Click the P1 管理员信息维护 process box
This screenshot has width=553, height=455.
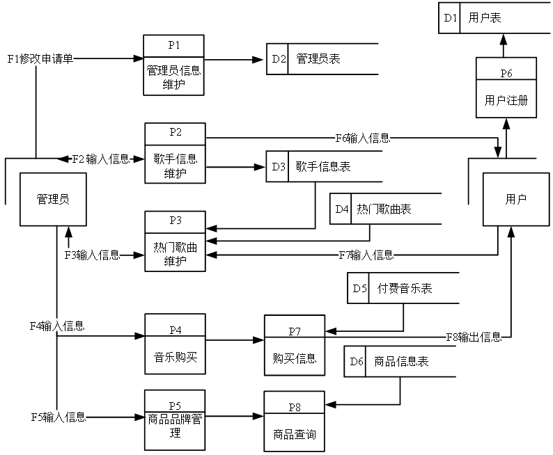pos(173,65)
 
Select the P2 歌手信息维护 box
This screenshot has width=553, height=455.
pos(175,153)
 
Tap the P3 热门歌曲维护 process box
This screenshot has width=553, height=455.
pos(175,241)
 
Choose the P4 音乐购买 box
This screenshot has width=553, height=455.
pos(175,344)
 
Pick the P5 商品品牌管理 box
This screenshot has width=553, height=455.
pos(175,420)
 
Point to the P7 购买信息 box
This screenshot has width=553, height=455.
pos(295,345)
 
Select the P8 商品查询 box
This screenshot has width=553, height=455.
pos(295,422)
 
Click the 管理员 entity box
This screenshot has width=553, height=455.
pos(53,200)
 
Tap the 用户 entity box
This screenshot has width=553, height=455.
pos(516,200)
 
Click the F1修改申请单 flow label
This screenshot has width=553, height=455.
pos(40,59)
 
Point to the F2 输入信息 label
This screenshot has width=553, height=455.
pos(102,159)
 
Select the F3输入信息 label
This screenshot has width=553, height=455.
pos(93,255)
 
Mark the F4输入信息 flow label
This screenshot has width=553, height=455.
pos(57,326)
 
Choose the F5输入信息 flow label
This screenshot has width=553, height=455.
pos(59,417)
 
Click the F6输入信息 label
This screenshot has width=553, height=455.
pos(363,138)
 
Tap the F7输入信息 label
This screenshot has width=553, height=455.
pos(366,255)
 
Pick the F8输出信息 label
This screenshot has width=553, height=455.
pos(474,337)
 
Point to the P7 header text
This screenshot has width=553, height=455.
pos(295,331)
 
